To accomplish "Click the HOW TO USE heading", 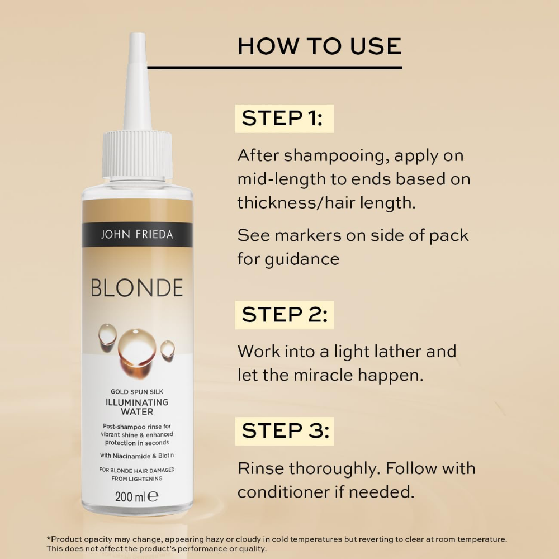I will (319, 46).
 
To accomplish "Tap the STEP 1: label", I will (283, 119).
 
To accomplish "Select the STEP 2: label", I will (283, 315).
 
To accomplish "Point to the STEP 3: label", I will (283, 431).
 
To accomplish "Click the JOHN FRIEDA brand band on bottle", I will (137, 234).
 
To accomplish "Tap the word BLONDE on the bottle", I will (137, 288).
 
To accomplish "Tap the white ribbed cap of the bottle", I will (138, 154).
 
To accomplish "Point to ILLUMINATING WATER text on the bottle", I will (137, 407).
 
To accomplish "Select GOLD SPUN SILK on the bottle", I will (137, 392).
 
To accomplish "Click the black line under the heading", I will (274, 68).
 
